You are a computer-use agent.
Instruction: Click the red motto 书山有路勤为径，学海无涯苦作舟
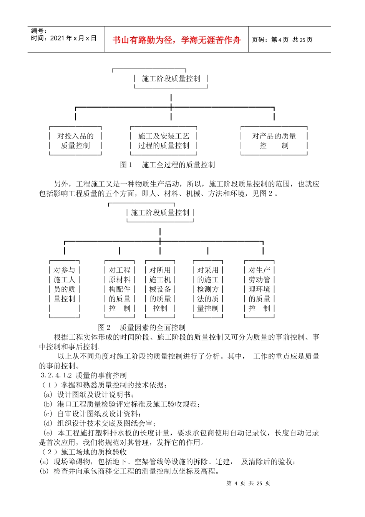point(176,40)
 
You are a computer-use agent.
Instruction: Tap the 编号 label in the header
point(39,31)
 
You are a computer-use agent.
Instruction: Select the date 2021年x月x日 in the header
point(64,38)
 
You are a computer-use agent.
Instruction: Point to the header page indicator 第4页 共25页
point(282,40)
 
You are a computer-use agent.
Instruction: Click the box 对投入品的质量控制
point(75,141)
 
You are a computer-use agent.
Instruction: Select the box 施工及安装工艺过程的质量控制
point(164,141)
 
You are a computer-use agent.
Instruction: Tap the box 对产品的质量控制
point(274,141)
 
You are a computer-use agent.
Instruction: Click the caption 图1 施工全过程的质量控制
point(168,165)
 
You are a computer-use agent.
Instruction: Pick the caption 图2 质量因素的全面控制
point(142,327)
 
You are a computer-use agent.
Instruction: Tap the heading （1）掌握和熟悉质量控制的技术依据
point(104,385)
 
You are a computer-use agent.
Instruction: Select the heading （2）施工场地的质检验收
point(83,452)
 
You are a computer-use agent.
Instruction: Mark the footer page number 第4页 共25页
point(248,484)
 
